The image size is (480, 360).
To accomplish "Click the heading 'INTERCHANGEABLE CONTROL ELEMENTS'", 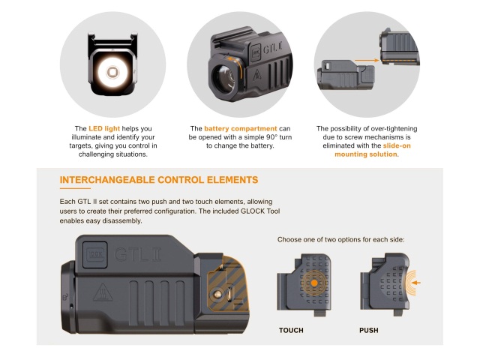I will click(x=158, y=180).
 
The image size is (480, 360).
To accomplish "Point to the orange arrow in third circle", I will click(x=366, y=59).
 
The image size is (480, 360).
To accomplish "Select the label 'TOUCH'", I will click(x=291, y=330).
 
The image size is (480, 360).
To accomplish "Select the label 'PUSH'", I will click(x=369, y=330).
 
